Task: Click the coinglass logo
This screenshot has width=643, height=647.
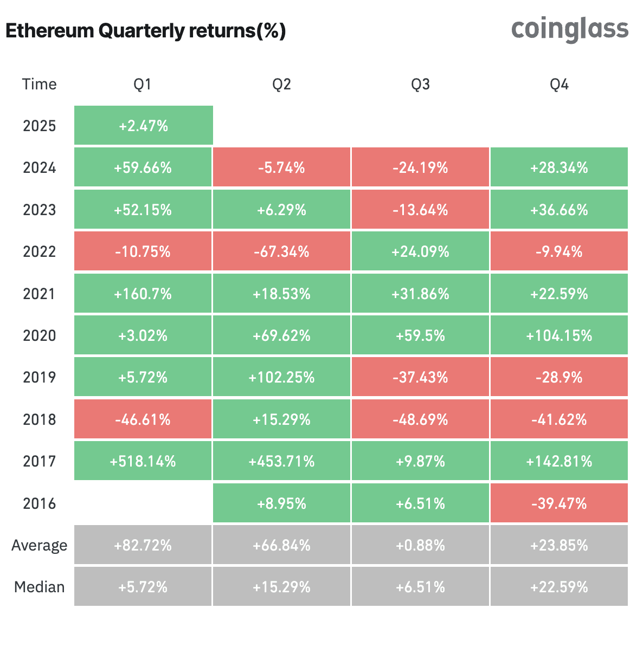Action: click(570, 29)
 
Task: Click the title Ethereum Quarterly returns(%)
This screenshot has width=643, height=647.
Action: click(145, 31)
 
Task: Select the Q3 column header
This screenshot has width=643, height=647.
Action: click(420, 84)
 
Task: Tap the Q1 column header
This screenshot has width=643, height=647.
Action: click(143, 84)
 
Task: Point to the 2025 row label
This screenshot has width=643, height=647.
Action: click(39, 126)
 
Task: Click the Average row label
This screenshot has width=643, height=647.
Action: click(39, 545)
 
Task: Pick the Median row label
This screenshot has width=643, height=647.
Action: click(39, 587)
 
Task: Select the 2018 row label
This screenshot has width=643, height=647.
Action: click(39, 419)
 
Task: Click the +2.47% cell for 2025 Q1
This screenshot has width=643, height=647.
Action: click(143, 126)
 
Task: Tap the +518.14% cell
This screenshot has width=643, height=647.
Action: click(143, 461)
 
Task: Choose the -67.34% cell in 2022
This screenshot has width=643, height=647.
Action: click(281, 251)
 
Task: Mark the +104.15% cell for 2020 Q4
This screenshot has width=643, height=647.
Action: click(559, 335)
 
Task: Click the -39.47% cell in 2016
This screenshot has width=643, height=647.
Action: click(559, 503)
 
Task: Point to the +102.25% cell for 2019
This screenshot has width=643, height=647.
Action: click(281, 377)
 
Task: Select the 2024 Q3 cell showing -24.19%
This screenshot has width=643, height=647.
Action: click(420, 167)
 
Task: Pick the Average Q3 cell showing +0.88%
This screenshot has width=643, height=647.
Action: click(420, 545)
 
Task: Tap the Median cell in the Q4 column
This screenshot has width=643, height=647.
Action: click(559, 587)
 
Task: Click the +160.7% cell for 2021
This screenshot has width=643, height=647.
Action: click(143, 294)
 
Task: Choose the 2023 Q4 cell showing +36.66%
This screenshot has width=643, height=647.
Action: click(559, 210)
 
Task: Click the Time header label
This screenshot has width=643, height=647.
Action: click(39, 84)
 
